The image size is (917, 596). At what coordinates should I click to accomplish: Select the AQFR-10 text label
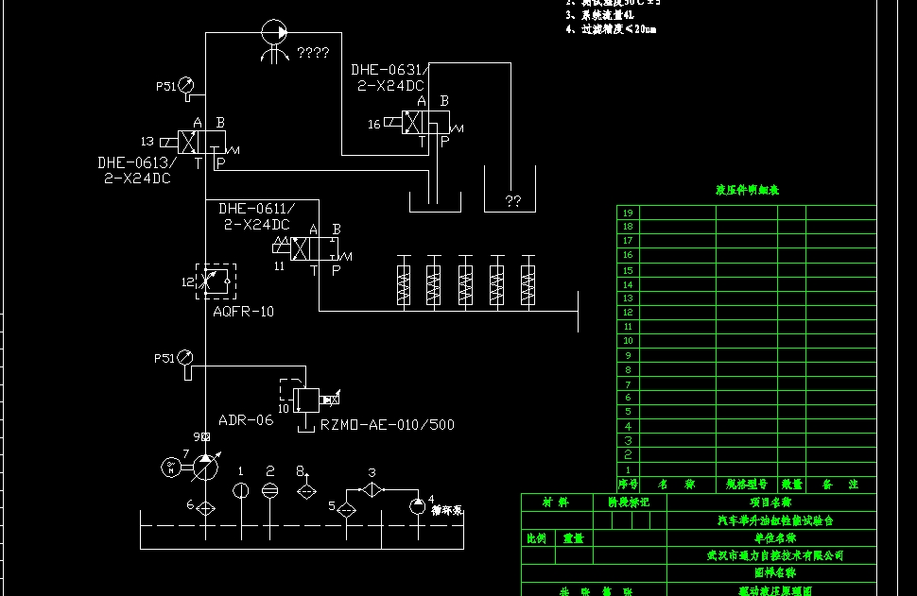[x=244, y=311]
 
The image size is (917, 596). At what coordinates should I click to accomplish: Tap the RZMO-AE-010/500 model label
[x=388, y=425]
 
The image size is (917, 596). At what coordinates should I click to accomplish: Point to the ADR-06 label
[x=245, y=420]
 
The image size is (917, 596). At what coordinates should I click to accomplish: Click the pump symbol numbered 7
[x=204, y=467]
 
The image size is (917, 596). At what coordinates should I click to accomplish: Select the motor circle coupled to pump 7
[x=171, y=467]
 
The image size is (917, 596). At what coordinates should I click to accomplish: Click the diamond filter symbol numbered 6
[x=204, y=507]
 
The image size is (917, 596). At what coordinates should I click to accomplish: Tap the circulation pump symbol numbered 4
[x=417, y=507]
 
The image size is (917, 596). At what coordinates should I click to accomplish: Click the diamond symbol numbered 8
[x=305, y=491]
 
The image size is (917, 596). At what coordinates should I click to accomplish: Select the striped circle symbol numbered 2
[x=270, y=489]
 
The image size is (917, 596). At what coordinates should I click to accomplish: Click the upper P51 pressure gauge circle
[x=185, y=85]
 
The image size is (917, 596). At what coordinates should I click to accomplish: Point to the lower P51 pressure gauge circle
[x=185, y=358]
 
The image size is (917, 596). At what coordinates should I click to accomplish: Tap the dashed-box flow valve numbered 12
[x=216, y=281]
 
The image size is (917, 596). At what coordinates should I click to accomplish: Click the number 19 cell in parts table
[x=628, y=213]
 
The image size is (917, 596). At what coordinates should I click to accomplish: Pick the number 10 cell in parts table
[x=628, y=341]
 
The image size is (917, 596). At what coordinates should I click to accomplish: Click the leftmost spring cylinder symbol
[x=404, y=281]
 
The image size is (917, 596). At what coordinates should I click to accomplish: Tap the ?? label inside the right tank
[x=512, y=201]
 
